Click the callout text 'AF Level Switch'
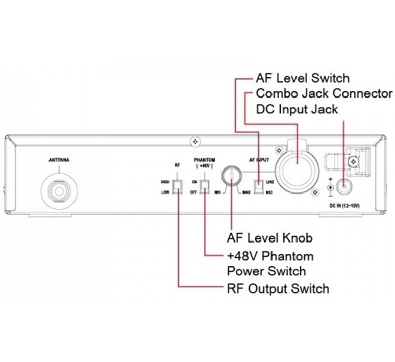pyautogui.click(x=303, y=79)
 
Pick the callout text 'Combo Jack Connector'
pyautogui.click(x=324, y=94)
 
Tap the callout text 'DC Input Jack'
pyautogui.click(x=297, y=109)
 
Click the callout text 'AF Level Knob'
pyautogui.click(x=269, y=238)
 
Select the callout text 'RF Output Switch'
pyautogui.click(x=277, y=288)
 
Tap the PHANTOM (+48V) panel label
pyautogui.click(x=204, y=163)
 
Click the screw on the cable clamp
pyautogui.click(x=352, y=162)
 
